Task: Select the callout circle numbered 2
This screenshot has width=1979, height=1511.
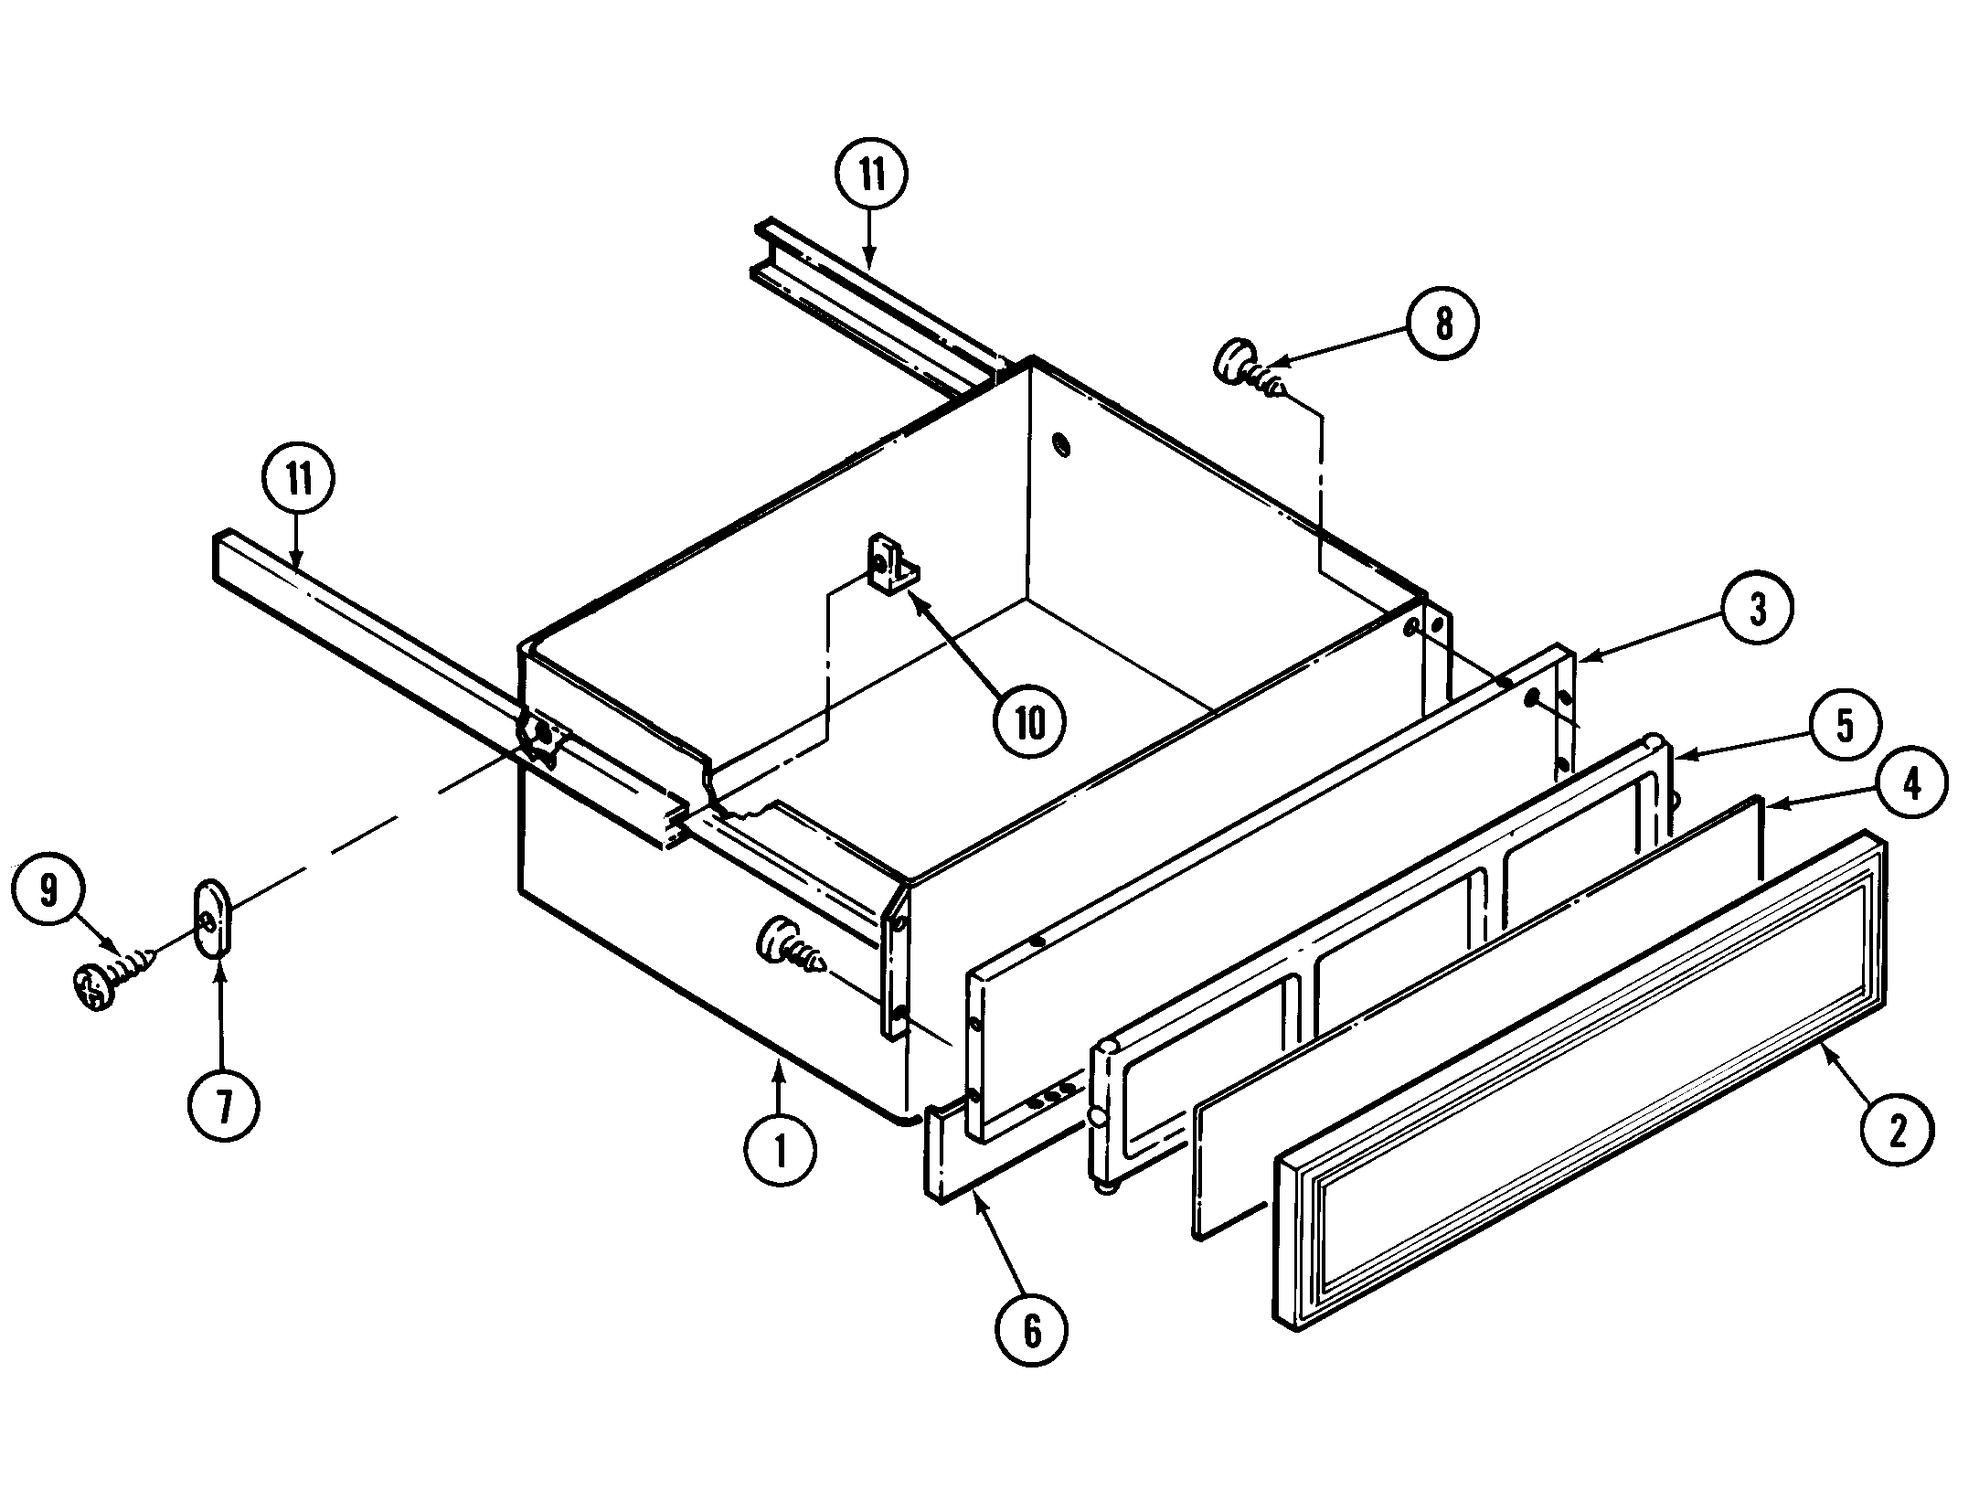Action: click(1897, 1133)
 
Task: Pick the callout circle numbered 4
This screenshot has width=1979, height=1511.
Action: click(1911, 783)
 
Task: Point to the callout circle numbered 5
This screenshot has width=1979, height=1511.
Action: click(1845, 726)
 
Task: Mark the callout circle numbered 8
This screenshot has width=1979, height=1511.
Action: click(1442, 325)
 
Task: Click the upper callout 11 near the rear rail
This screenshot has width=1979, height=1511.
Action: click(871, 175)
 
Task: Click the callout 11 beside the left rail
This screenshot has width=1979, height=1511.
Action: click(299, 479)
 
